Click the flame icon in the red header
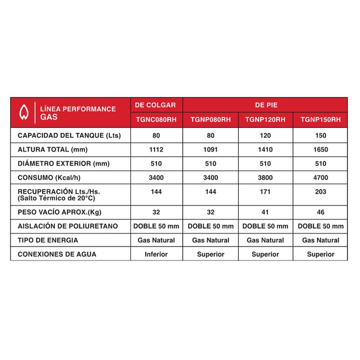pos(24,112)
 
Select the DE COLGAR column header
pos(155,105)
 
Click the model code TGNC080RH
pos(156,120)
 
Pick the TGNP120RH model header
pos(265,120)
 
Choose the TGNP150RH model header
pos(321,120)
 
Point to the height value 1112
pos(156,150)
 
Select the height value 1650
pos(321,150)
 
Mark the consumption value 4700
pos(321,178)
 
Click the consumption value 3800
pos(265,178)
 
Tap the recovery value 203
pos(321,192)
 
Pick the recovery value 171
pos(265,192)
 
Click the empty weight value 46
pos(321,212)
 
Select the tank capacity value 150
pos(321,135)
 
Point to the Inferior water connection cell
pos(156,254)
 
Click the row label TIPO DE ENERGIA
pos(48,240)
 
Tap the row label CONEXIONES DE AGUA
pos(57,254)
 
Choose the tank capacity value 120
pos(265,135)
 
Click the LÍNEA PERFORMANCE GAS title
pos(77,112)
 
